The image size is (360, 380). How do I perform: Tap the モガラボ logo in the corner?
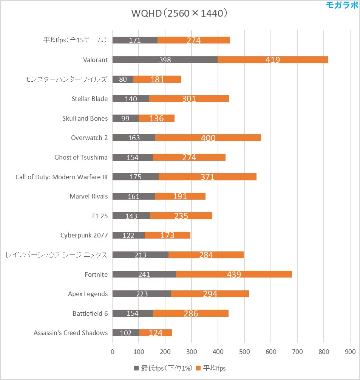point(342,5)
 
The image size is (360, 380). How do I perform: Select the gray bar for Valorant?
point(165,60)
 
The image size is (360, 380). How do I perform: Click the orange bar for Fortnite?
point(234,275)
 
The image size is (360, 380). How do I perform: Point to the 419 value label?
point(273,60)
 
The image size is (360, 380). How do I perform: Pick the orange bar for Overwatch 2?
point(208,138)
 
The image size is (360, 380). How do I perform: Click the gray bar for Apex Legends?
point(142,294)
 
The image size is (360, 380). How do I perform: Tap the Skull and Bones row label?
point(85,118)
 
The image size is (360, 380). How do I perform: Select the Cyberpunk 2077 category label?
point(84,235)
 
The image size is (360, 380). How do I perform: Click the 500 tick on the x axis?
point(244,352)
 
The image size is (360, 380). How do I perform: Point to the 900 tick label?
point(350,352)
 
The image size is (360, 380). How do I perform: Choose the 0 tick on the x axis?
point(113,352)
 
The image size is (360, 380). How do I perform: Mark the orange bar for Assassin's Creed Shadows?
point(156,333)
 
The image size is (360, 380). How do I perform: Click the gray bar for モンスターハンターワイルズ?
point(123,79)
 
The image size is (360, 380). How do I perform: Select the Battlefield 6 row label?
point(90,313)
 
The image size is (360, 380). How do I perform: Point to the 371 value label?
point(208,177)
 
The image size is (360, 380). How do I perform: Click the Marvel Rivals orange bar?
point(180,196)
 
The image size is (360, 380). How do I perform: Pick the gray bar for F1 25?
point(131,216)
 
